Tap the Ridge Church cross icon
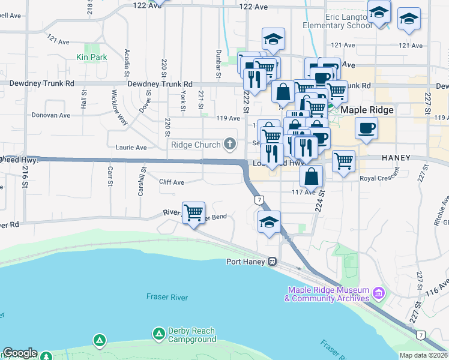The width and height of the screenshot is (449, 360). (229, 144)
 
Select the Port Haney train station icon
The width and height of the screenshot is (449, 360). (272, 262)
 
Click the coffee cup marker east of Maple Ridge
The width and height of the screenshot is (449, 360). (366, 127)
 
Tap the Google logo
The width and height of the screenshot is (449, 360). (19, 353)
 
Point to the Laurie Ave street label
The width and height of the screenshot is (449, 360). (131, 148)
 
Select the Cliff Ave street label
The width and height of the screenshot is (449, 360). (172, 182)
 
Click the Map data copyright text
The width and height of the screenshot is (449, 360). (423, 355)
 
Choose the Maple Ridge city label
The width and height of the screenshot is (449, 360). (367, 110)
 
